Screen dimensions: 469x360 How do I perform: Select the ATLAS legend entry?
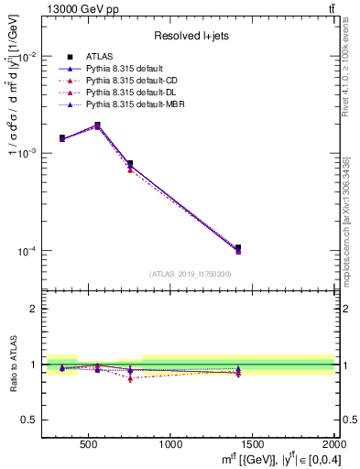[x=99, y=57]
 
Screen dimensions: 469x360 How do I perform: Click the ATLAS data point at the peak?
[x=97, y=125]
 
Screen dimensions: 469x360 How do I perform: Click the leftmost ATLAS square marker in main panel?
[x=62, y=137]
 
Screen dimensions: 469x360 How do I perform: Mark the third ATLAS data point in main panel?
[x=130, y=164]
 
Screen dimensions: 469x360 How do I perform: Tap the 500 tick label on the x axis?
[x=89, y=444]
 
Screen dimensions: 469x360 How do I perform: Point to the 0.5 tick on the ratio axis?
[x=35, y=420]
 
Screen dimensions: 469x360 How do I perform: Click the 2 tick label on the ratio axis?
[x=38, y=309]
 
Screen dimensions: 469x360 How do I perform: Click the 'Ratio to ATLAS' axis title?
[x=13, y=364]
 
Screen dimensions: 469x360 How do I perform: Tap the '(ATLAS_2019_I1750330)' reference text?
[x=191, y=274]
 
